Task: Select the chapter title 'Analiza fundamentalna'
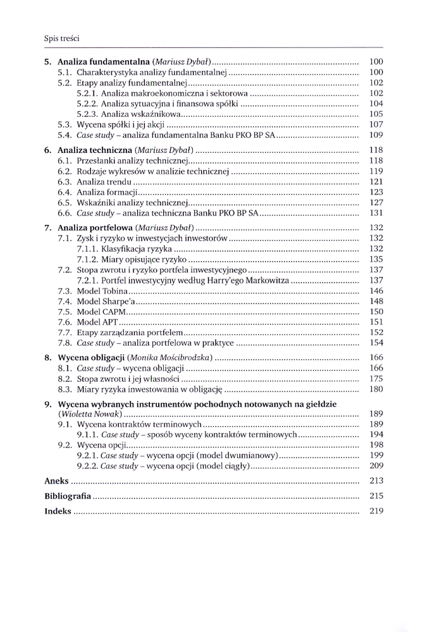pos(102,62)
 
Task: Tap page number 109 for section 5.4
pos(376,135)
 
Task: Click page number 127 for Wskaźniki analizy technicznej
pos(376,203)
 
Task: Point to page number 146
pos(376,291)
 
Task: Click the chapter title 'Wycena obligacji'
pos(90,358)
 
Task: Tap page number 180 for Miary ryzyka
pos(376,389)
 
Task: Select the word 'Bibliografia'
pos(67,496)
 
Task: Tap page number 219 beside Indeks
pos(376,511)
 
